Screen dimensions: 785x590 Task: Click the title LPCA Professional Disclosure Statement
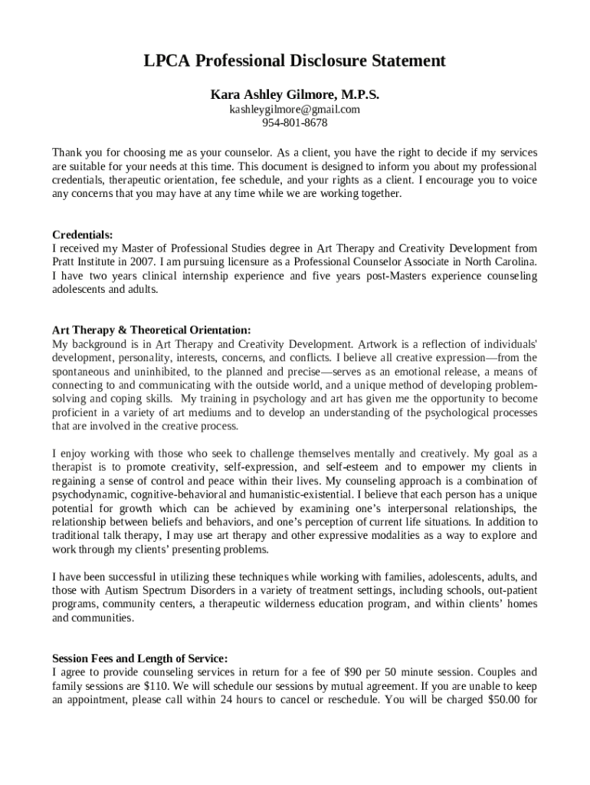point(294,61)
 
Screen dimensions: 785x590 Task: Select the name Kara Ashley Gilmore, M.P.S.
point(294,95)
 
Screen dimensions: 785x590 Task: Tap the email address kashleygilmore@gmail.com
point(294,110)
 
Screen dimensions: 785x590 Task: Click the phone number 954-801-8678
point(294,123)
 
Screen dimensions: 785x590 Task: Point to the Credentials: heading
point(82,235)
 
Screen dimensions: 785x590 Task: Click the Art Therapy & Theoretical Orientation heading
point(151,330)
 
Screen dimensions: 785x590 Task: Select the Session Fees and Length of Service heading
point(139,658)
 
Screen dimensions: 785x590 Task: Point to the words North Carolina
point(500,262)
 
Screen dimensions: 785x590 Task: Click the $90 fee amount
point(353,672)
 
